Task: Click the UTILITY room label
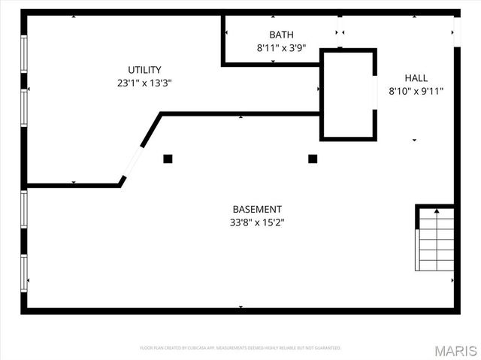click(144, 70)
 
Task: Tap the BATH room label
click(281, 35)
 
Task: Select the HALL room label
click(416, 77)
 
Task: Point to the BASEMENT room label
click(257, 209)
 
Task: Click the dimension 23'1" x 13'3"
click(144, 83)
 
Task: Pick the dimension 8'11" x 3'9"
click(281, 47)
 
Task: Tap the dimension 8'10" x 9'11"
click(416, 91)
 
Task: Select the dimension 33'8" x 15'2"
click(257, 222)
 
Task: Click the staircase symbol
click(436, 240)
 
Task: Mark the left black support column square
click(168, 159)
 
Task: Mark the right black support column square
click(313, 159)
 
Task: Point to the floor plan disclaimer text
click(240, 348)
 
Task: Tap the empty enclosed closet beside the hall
click(349, 94)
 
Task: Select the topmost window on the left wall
click(24, 54)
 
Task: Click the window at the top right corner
click(455, 27)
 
